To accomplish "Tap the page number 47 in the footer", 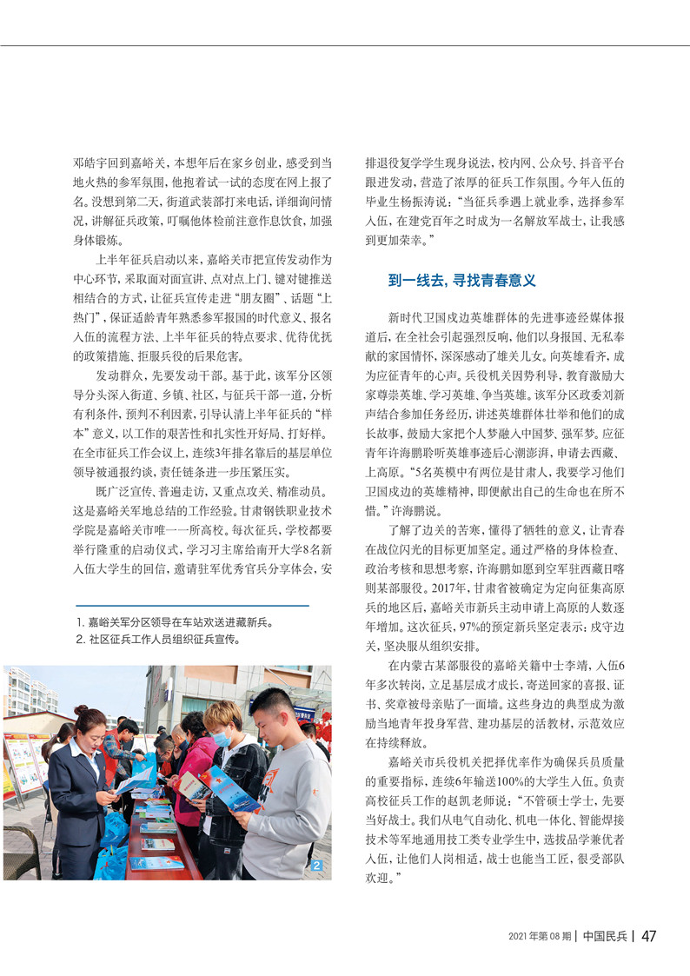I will tap(648, 936).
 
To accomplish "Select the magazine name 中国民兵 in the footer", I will tap(604, 936).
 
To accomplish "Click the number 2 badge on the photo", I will tap(317, 866).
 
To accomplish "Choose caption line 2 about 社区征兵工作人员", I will tap(159, 639).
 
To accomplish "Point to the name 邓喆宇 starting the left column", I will tap(94, 163).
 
